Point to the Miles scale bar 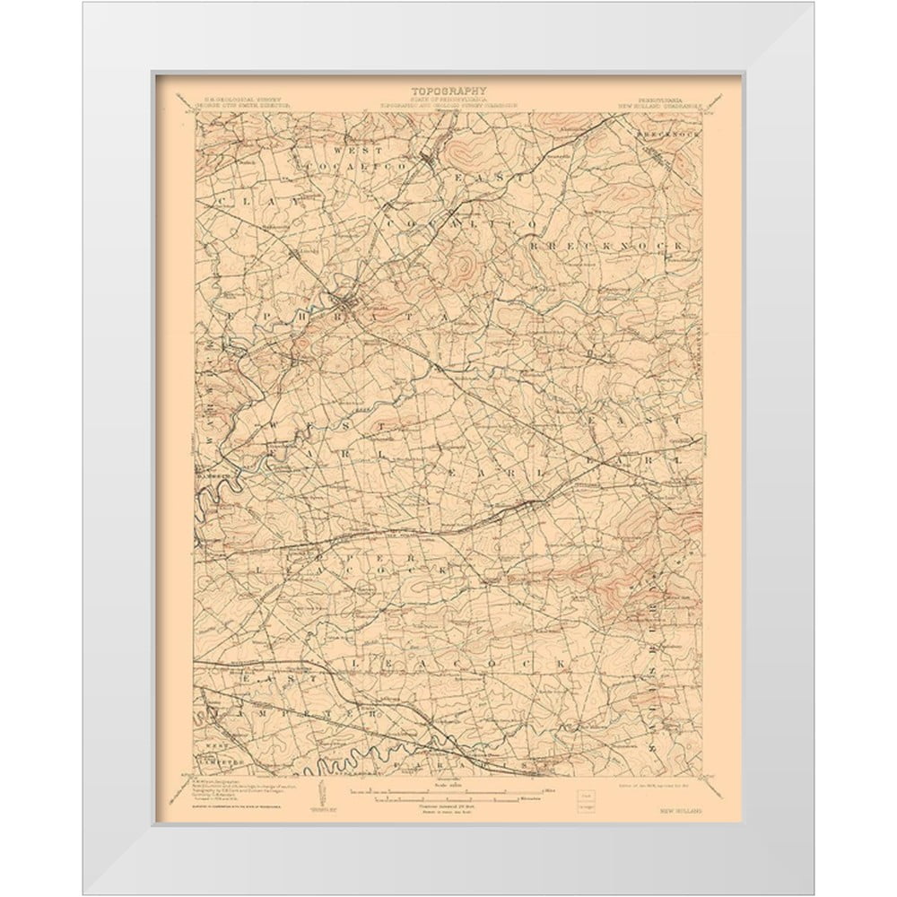[x=448, y=791]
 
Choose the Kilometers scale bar [x=448, y=799]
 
